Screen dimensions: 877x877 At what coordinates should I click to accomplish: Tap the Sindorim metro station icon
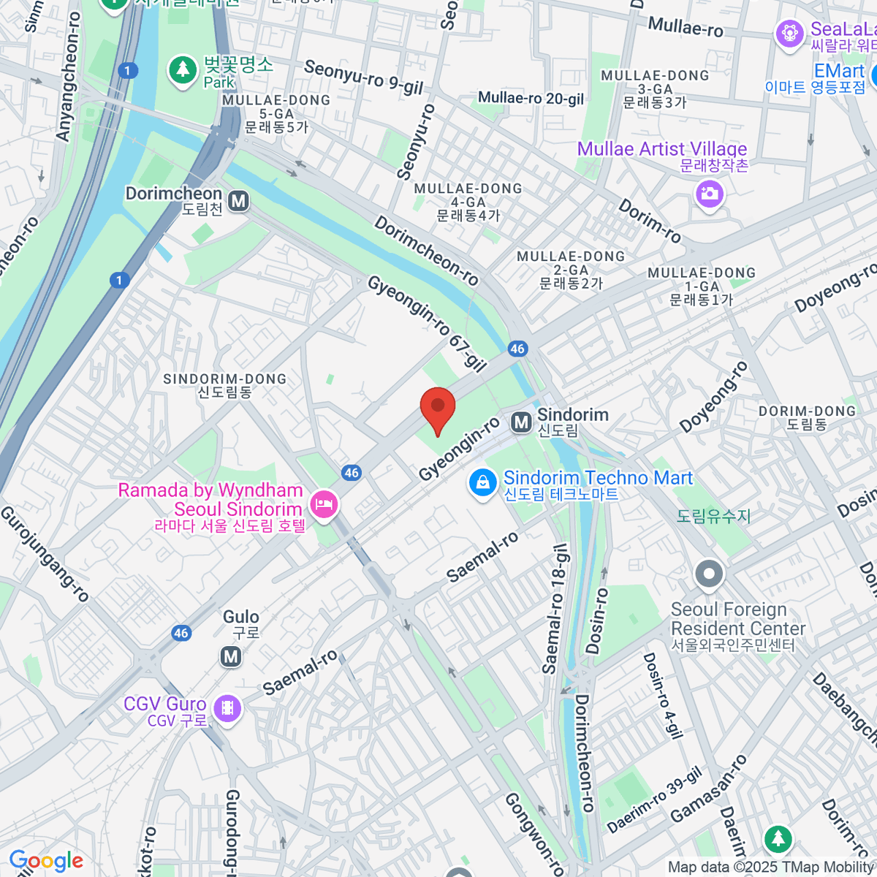click(x=521, y=422)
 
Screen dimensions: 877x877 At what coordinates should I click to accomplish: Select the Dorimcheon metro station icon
click(x=238, y=201)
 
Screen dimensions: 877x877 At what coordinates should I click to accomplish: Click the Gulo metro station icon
click(x=231, y=656)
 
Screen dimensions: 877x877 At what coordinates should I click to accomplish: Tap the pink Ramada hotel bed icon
click(x=323, y=504)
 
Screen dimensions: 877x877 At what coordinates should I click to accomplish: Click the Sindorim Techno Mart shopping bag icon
click(x=482, y=483)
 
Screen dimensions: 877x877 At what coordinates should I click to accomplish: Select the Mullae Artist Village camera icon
click(x=710, y=194)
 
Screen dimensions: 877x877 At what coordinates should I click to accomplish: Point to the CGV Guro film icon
click(x=228, y=707)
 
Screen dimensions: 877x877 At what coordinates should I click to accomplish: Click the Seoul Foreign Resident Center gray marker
click(x=708, y=575)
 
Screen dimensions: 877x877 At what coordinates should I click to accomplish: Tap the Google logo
click(x=46, y=861)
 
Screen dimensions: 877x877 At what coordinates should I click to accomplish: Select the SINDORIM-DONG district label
click(x=224, y=385)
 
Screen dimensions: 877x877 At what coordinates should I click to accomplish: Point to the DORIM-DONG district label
click(x=807, y=417)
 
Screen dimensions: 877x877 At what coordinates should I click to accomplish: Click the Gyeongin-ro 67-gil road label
click(x=427, y=323)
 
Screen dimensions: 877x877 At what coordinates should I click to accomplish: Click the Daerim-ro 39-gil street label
click(x=654, y=800)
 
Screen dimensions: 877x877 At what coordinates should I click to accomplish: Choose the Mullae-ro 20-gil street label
click(x=531, y=98)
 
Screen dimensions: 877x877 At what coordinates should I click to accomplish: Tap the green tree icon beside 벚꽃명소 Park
click(x=182, y=70)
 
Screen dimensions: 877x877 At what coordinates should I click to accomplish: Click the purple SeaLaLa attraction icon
click(x=789, y=34)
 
